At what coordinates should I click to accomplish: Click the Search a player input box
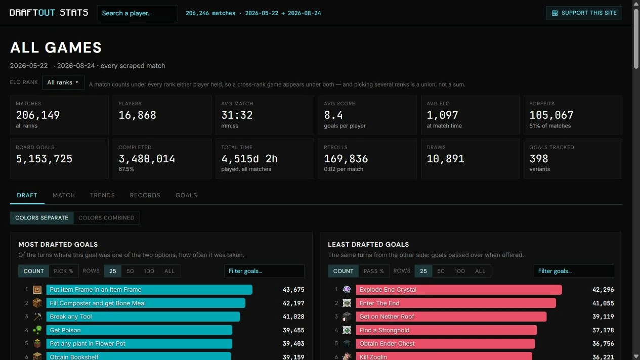click(x=138, y=13)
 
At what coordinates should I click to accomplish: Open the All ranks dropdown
click(x=63, y=82)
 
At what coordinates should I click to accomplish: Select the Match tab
click(x=64, y=195)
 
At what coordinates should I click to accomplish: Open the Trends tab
click(x=102, y=195)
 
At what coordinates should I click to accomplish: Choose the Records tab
click(x=145, y=195)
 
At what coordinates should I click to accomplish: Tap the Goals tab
click(x=186, y=195)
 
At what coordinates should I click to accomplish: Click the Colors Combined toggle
click(x=106, y=218)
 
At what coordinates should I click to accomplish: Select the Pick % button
click(x=63, y=271)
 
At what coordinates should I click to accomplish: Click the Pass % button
click(x=373, y=271)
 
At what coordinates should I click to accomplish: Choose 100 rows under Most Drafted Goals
click(x=149, y=271)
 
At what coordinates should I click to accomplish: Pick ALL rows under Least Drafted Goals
click(x=480, y=271)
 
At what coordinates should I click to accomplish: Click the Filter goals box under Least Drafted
click(x=574, y=271)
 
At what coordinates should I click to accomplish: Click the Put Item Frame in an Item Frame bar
click(x=149, y=290)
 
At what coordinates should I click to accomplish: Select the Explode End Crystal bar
click(x=459, y=290)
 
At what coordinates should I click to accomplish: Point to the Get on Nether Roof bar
click(x=451, y=317)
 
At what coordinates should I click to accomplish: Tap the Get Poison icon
click(x=37, y=330)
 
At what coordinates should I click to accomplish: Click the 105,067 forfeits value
click(x=551, y=115)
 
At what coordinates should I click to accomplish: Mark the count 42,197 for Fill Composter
click(x=293, y=303)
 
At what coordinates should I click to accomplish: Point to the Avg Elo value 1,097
click(x=442, y=115)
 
